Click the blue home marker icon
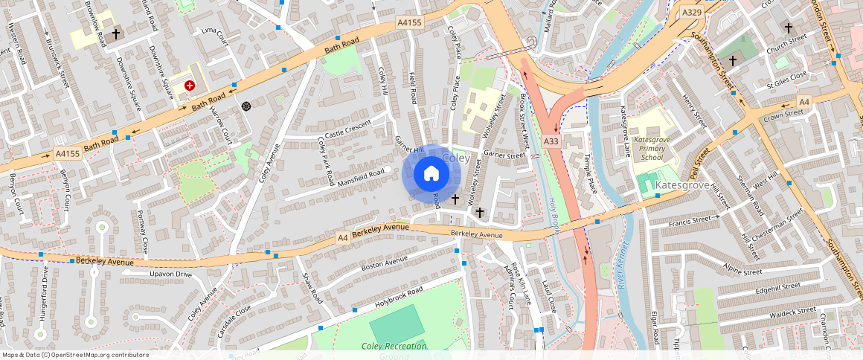coord(431,174)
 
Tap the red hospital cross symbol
coord(190,86)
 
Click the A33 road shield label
coord(551,141)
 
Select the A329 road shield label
coord(691,13)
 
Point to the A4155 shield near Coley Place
coord(409,23)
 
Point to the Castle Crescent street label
coord(347,128)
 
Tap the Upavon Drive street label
coord(170,274)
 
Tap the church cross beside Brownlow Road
coord(115,34)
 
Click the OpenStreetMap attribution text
coord(75,355)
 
